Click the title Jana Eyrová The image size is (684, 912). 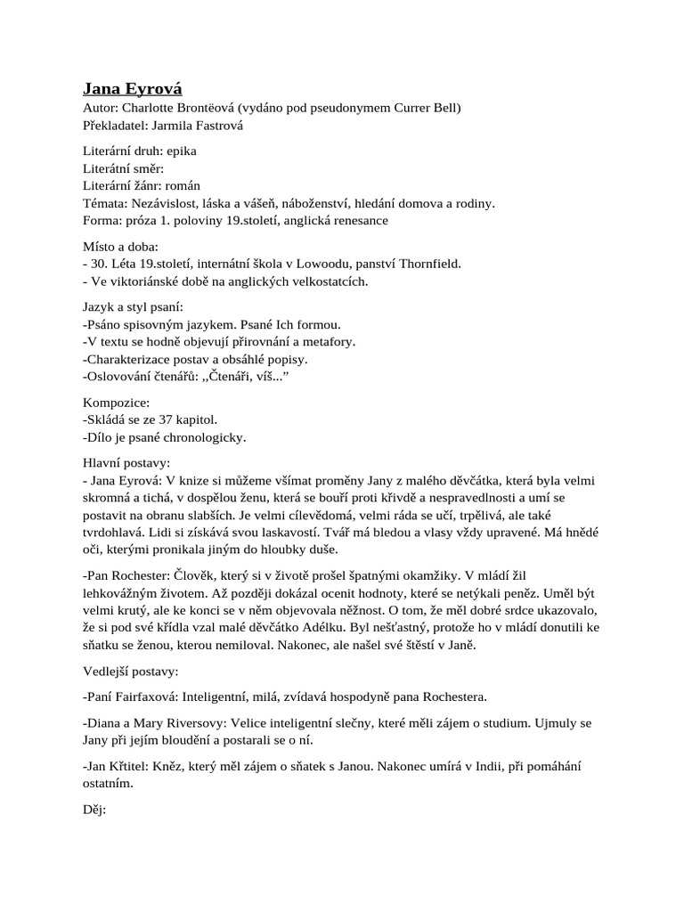[133, 87]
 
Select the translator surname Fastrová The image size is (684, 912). [215, 126]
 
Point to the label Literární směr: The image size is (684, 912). [124, 168]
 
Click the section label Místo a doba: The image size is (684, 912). [120, 246]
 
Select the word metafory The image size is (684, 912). [325, 341]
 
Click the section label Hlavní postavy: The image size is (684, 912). [126, 462]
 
